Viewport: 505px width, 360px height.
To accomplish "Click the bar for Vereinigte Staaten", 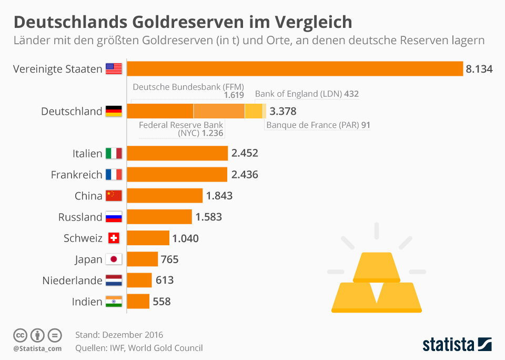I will [x=295, y=69].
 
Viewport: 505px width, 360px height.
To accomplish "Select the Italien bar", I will [x=177, y=153].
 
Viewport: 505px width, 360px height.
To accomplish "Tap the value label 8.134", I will [x=479, y=69].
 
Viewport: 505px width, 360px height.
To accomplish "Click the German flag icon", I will [x=114, y=111].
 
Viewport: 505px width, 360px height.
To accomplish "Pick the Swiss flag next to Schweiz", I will [x=114, y=238].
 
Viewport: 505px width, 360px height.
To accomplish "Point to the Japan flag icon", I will [x=114, y=259].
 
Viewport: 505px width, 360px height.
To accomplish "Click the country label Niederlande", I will [x=72, y=281].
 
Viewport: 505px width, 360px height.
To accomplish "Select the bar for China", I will [x=165, y=196].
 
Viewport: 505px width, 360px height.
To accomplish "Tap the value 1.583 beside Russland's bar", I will [x=208, y=217].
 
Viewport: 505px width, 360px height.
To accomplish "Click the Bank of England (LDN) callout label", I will [x=307, y=94].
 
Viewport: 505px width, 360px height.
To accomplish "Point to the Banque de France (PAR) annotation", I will [x=318, y=125].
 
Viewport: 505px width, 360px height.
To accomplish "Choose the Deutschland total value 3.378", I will [x=282, y=111].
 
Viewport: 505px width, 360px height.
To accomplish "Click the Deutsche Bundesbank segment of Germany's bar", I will [x=160, y=111].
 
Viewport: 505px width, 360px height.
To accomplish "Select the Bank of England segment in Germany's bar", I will [x=254, y=111].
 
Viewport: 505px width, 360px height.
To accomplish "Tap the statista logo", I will [x=457, y=345].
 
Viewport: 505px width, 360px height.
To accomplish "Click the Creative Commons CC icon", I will [x=20, y=335].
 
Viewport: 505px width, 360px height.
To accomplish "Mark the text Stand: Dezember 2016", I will [x=119, y=335].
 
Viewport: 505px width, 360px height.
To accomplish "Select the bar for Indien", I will [x=138, y=302].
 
